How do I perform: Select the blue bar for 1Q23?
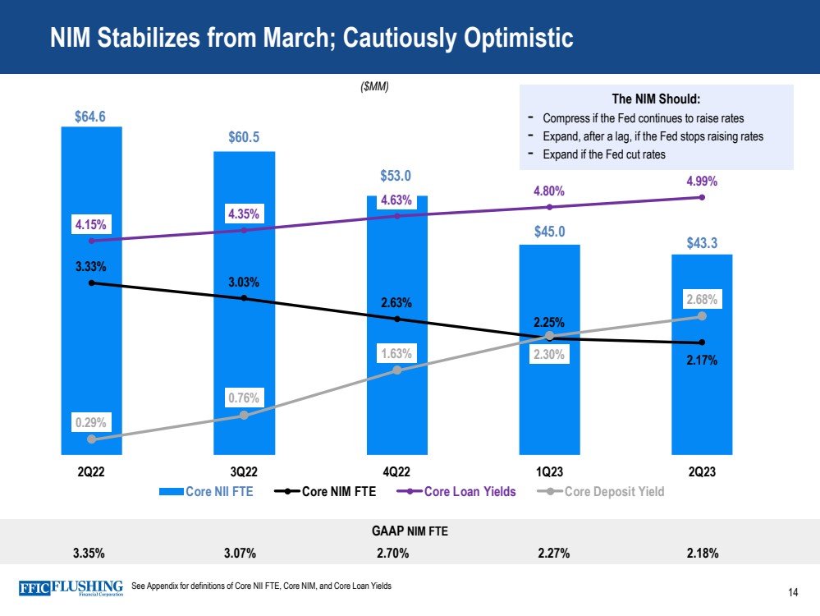pos(549,394)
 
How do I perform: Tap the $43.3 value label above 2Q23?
pos(702,242)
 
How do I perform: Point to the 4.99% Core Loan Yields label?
pos(702,182)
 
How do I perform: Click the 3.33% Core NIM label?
pos(91,266)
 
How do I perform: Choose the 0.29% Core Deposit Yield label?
pos(91,422)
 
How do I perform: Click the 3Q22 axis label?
pos(244,472)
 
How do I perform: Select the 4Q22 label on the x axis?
pos(396,472)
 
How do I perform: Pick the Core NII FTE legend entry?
pos(206,492)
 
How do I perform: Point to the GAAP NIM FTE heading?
pos(410,531)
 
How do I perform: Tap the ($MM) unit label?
pos(374,86)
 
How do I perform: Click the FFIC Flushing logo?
pos(71,588)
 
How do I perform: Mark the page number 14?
pos(793,593)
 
